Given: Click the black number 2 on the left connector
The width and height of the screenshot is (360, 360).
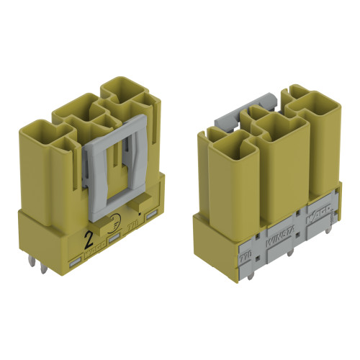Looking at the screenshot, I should click(89, 235).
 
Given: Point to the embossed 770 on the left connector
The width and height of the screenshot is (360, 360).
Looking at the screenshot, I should click(132, 225).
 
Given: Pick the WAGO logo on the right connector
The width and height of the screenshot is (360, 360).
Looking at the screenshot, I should click(318, 214).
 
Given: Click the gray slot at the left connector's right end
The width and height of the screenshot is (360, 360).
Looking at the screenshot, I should click(150, 216).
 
